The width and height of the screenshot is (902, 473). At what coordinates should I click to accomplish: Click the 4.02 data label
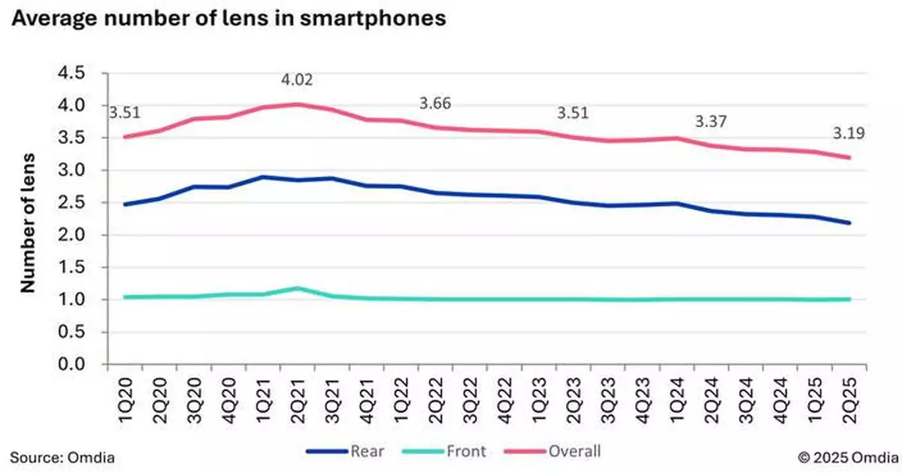point(298,80)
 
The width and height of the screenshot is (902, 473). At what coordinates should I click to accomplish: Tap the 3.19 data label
point(848,135)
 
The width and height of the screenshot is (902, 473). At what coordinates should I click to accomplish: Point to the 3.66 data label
point(435,104)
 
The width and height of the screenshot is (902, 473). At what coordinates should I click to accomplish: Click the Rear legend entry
point(348,451)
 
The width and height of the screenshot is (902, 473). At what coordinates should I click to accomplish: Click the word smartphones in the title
point(371,20)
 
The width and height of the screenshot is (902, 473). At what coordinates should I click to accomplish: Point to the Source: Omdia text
point(63,456)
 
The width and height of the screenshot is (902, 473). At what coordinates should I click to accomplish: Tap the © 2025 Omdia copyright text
point(844,456)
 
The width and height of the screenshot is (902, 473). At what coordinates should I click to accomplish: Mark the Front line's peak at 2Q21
point(298,288)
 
